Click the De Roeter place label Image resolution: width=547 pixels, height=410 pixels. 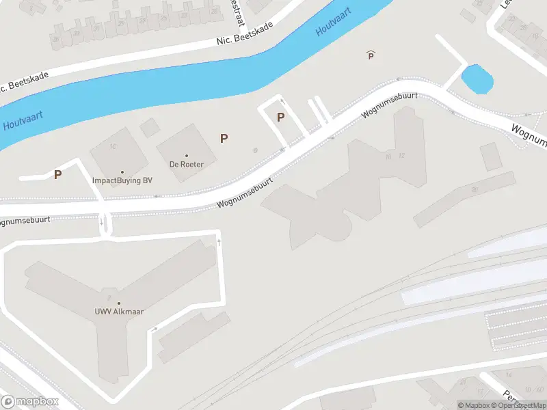pos(187,164)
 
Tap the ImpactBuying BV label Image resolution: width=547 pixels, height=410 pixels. pos(122,180)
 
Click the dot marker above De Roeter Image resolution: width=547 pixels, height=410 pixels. pos(187,155)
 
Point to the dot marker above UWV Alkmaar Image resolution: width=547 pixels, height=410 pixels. pos(118,303)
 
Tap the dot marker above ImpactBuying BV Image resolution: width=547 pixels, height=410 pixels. pos(122,172)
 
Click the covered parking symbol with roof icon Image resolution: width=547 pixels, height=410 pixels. pos(371,55)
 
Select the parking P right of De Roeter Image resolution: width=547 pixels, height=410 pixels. pos(224,138)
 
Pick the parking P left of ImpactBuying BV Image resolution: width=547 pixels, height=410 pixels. pos(57,174)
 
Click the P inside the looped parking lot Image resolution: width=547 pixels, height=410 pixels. pos(280,117)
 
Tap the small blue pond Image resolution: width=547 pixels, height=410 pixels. pos(477,79)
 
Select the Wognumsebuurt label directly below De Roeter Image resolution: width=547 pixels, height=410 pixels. pos(245,193)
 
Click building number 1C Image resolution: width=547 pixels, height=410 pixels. pos(114,147)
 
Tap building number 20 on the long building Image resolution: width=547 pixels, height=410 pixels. pos(474,189)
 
